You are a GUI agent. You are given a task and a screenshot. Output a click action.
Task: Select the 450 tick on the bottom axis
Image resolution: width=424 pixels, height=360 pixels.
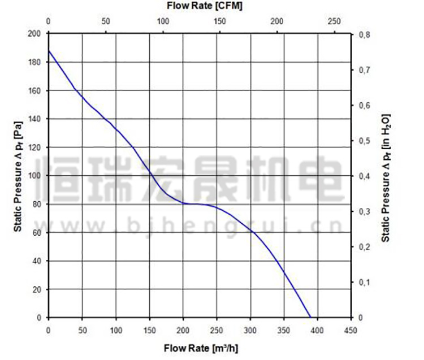click(351, 329)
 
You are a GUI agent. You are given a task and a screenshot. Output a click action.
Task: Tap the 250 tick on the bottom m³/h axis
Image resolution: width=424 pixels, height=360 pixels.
click(217, 329)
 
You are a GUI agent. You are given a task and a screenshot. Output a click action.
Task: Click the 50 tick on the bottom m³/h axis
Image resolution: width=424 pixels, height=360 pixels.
click(83, 329)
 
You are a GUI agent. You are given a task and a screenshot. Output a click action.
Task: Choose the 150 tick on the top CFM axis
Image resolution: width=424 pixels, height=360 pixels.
click(220, 21)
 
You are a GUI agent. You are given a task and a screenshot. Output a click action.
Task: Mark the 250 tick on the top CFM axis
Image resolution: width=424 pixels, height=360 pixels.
click(334, 21)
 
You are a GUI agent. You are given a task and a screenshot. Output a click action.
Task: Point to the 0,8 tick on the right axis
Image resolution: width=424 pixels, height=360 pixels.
click(364, 34)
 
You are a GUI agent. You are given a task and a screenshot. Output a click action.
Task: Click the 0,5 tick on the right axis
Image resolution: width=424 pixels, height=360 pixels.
click(364, 141)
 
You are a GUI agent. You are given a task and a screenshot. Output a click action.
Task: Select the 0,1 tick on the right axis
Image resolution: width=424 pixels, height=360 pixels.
click(364, 282)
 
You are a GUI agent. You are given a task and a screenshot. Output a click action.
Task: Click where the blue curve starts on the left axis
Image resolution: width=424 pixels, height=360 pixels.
click(49, 51)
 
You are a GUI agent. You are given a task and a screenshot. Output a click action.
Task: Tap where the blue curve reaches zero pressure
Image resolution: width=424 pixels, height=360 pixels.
click(310, 317)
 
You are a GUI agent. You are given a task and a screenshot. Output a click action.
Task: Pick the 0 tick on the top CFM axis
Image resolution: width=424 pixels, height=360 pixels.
click(49, 21)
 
